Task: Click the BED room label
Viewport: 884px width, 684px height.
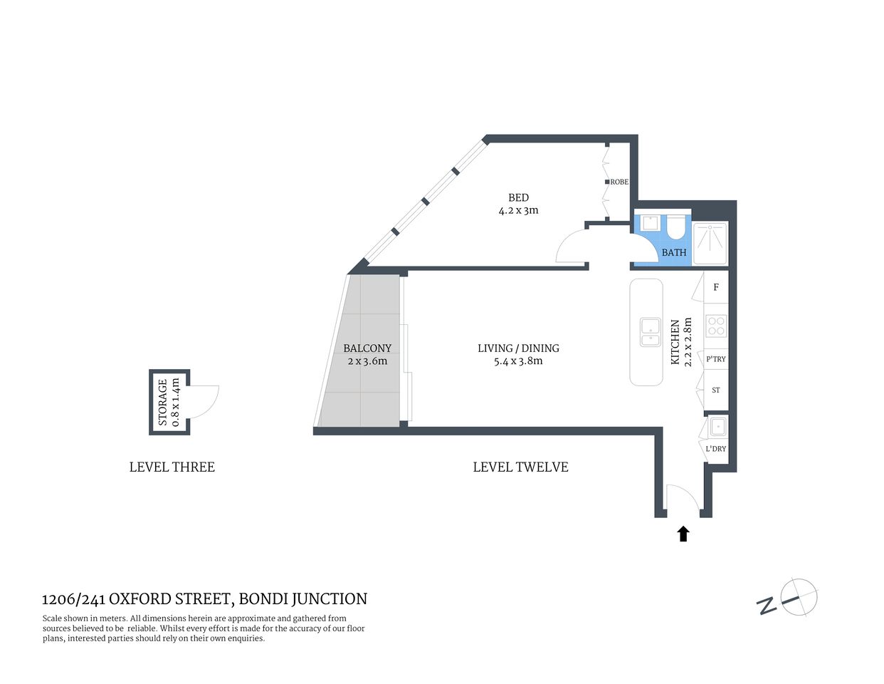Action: [x=518, y=197]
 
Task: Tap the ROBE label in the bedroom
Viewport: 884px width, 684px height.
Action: [x=619, y=182]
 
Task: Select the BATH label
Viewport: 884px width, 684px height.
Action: [x=674, y=252]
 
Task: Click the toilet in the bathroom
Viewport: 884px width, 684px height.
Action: [x=675, y=227]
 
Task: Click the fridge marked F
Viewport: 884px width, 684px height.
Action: [x=716, y=287]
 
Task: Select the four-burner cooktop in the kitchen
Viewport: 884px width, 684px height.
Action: [x=716, y=326]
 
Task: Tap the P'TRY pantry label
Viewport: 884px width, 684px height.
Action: [x=716, y=359]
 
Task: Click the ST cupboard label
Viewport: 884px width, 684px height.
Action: [x=716, y=390]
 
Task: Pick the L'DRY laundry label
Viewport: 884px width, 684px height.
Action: [x=716, y=449]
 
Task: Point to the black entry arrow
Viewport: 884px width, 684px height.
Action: [x=683, y=534]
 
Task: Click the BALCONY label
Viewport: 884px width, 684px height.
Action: [x=367, y=348]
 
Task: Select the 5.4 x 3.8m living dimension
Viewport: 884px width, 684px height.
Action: [x=518, y=361]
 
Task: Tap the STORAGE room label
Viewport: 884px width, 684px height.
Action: [x=163, y=402]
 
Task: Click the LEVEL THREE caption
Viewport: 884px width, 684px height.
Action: [x=172, y=467]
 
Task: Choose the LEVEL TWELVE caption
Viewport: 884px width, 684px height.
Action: [x=520, y=467]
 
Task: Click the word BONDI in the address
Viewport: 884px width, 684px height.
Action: [x=263, y=599]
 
